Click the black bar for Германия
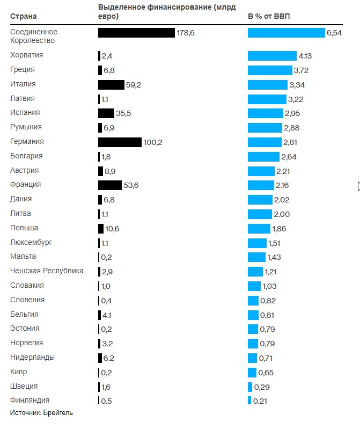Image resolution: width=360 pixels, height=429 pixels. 120,142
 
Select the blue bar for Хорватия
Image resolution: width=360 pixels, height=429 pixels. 272,56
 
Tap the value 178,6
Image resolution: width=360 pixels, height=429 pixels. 186,33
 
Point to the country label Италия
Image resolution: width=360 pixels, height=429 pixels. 23,84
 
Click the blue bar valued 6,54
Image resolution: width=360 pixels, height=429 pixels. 286,33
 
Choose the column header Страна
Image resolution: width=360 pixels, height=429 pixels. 24,16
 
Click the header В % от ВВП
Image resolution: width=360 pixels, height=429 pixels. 269,16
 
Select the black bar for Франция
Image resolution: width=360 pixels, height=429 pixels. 110,185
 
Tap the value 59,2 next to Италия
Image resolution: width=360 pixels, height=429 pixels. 134,85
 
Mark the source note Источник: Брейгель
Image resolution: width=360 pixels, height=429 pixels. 41,412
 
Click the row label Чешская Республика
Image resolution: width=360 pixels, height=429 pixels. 47,271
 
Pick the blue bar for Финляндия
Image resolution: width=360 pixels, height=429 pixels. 249,401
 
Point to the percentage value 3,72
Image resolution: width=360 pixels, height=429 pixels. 301,70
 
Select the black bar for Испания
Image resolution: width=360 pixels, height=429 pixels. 106,113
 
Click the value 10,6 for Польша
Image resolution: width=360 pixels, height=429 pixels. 112,229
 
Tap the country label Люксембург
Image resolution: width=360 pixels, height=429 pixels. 31,242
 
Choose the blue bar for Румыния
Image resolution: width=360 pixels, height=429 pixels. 265,128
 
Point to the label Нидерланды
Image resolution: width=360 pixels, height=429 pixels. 32,357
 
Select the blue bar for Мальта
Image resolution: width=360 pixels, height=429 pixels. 256,257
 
